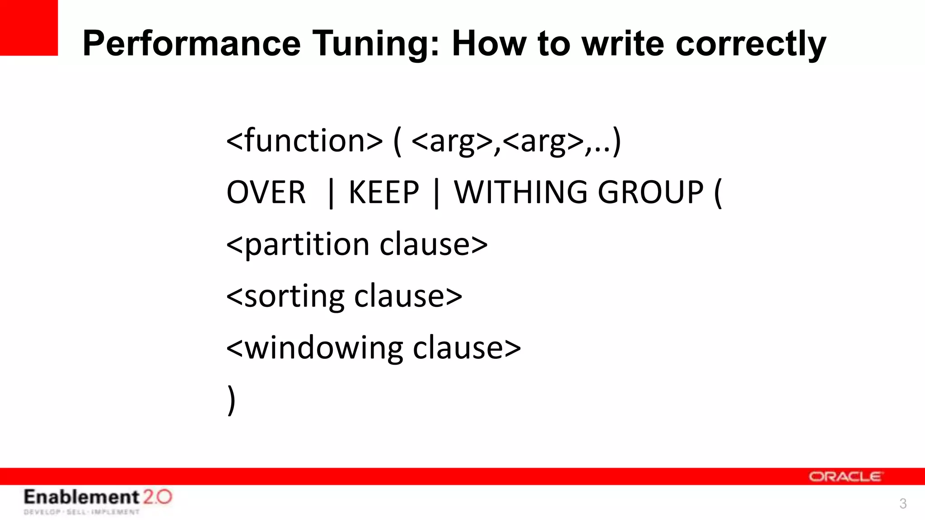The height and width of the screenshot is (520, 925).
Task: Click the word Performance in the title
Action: [x=192, y=43]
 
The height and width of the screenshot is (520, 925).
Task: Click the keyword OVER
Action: [x=266, y=192]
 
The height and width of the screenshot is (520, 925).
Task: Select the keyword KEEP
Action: [x=384, y=192]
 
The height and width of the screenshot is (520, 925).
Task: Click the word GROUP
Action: [x=650, y=192]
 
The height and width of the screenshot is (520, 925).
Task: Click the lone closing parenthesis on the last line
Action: [x=231, y=400]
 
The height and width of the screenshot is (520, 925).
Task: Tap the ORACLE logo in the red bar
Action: [x=845, y=477]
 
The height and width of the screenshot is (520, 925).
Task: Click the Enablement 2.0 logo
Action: [x=98, y=500]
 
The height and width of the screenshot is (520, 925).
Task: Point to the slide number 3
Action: [x=903, y=503]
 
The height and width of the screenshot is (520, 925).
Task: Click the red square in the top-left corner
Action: [x=29, y=28]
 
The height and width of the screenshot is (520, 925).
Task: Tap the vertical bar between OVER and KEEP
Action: [x=331, y=193]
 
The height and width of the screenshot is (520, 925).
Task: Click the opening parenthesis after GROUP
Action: [x=718, y=193]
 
